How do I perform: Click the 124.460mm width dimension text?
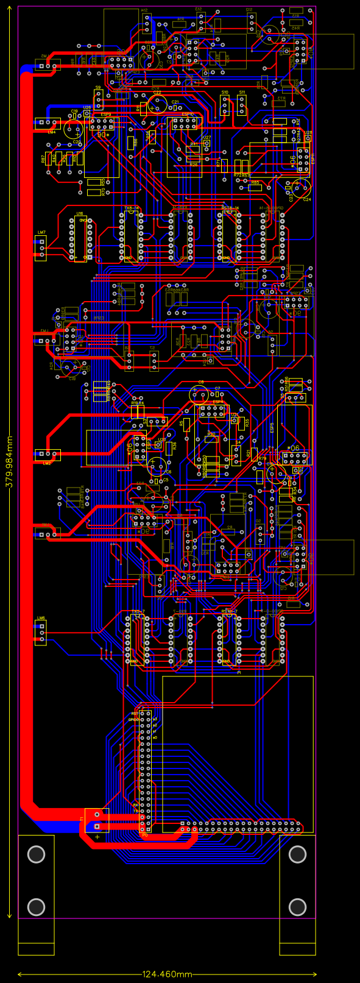167,974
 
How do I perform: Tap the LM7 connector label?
41,233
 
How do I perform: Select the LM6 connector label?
41,618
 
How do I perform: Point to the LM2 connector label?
47,463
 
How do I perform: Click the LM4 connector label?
51,132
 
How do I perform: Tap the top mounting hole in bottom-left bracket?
36,854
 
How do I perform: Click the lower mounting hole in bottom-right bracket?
297,907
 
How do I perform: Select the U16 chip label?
80,214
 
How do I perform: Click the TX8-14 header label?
132,208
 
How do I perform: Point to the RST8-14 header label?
230,208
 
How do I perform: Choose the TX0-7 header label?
138,611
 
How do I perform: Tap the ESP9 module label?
105,114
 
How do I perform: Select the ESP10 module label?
188,114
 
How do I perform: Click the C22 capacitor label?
157,93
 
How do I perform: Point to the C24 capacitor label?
306,199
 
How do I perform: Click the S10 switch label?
225,93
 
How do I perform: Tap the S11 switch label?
242,93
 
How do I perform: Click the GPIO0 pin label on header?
134,720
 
